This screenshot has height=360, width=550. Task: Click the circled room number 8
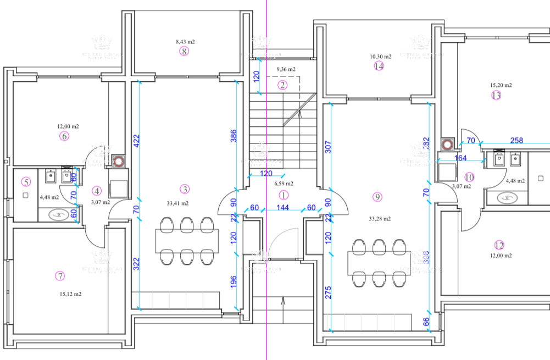pyautogui.click(x=184, y=51)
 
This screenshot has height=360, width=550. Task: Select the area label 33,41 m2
pyautogui.click(x=178, y=203)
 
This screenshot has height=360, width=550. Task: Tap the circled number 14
pyautogui.click(x=379, y=66)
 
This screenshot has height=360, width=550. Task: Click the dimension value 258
pyautogui.click(x=516, y=141)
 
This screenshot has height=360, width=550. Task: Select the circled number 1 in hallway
pyautogui.click(x=284, y=194)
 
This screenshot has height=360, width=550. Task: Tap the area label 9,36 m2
pyautogui.click(x=285, y=69)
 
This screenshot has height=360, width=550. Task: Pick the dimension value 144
pyautogui.click(x=282, y=208)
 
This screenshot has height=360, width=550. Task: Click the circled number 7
pyautogui.click(x=60, y=275)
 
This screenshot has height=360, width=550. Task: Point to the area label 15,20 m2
pyautogui.click(x=501, y=85)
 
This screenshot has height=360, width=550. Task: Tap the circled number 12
pyautogui.click(x=499, y=246)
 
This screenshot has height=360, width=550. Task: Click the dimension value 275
pyautogui.click(x=328, y=292)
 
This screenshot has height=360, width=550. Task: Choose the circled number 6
pyautogui.click(x=64, y=136)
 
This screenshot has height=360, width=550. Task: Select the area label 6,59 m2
pyautogui.click(x=284, y=184)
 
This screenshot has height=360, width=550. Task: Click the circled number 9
pyautogui.click(x=376, y=196)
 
